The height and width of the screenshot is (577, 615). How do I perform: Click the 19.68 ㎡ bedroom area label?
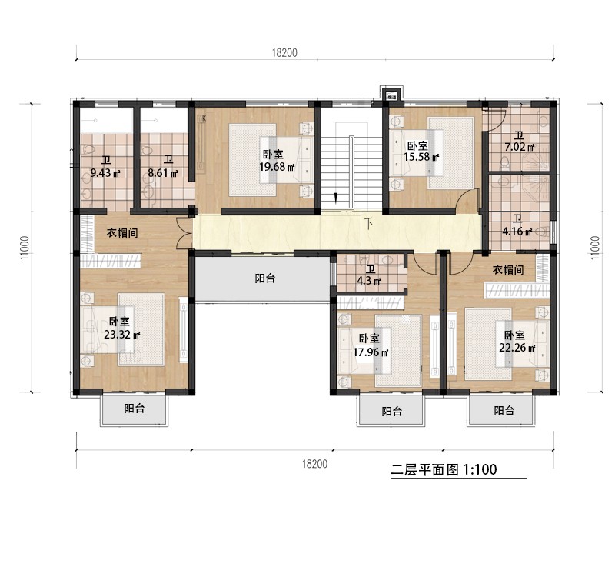[x=277, y=167]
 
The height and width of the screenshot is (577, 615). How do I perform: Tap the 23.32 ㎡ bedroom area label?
[x=122, y=335]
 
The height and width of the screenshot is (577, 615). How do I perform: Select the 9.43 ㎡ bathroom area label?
[x=105, y=172]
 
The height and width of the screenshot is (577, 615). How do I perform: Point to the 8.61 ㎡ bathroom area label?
[x=163, y=172]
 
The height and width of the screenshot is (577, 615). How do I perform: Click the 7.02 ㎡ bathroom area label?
[x=520, y=148]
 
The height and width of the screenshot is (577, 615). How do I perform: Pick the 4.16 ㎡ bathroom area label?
[x=517, y=232]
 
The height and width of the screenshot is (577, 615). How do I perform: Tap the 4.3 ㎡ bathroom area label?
[x=370, y=281]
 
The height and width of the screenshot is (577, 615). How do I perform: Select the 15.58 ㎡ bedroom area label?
[x=421, y=157]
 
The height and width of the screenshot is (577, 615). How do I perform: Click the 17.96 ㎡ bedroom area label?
[x=371, y=352]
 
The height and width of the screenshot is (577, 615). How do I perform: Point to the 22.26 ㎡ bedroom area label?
[x=517, y=349]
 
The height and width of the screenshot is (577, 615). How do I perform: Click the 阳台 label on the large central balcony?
[x=265, y=278]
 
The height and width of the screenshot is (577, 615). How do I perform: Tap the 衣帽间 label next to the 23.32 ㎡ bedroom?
[x=122, y=233]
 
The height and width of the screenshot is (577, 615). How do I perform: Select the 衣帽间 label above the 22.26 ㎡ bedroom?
[x=508, y=270]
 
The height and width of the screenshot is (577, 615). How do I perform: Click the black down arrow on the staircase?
[x=335, y=198]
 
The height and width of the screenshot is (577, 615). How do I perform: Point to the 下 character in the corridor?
[x=369, y=224]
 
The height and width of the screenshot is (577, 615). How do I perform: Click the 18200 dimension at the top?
[x=284, y=52]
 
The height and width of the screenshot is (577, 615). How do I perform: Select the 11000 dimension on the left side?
[x=25, y=247]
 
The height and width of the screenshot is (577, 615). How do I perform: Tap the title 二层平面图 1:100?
[x=444, y=469]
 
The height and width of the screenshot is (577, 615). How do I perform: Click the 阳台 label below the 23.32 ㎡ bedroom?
[x=135, y=409]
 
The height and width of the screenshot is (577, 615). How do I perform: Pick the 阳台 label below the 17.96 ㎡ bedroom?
[x=392, y=412]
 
